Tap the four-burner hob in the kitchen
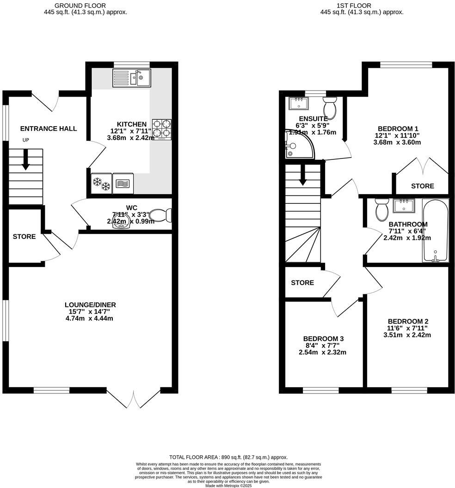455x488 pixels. point(162,129)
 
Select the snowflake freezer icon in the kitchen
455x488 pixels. point(102,183)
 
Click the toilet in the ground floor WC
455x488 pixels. point(161,215)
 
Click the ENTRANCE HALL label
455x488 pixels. point(49,128)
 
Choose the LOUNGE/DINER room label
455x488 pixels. point(90,305)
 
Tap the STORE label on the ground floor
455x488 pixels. point(24,237)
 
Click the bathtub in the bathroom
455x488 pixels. point(435,231)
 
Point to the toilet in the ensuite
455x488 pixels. point(330,108)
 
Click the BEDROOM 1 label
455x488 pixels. point(398,128)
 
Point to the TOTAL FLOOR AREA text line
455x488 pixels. point(228,457)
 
